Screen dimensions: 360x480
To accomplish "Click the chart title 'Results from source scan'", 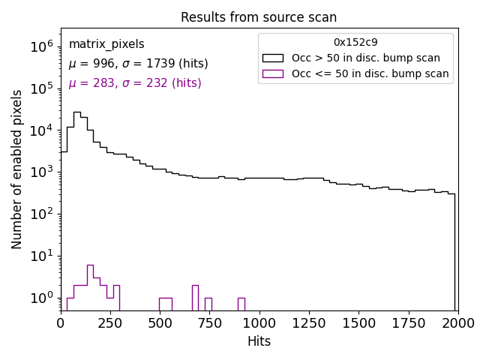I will [x=259, y=17].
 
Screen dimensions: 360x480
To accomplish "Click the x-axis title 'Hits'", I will [x=259, y=341].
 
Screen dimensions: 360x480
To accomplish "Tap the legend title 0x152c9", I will [x=355, y=43].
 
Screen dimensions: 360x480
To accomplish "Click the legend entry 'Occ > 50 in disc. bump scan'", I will [x=366, y=58].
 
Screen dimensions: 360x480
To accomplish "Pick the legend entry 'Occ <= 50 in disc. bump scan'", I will [x=370, y=73].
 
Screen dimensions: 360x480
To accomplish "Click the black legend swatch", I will [x=273, y=58].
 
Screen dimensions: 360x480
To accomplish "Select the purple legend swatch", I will [x=273, y=73].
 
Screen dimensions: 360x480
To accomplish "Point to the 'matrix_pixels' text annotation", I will [x=106, y=44].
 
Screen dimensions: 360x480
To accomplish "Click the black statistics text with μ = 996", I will [x=138, y=64].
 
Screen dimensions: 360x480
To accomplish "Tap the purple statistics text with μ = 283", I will [x=135, y=83].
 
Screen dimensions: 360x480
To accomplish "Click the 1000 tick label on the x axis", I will [x=259, y=322].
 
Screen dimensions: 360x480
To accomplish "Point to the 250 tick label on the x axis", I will [x=110, y=322].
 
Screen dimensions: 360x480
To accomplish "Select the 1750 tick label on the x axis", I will [x=408, y=322].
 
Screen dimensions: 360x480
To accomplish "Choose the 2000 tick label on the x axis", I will [x=457, y=322].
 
